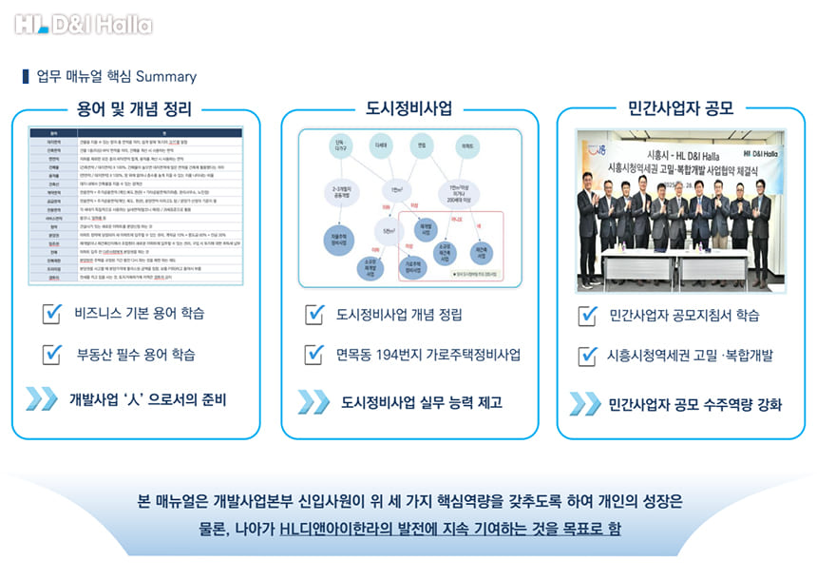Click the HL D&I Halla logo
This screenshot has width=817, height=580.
[84, 24]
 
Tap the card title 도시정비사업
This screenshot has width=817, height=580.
[408, 108]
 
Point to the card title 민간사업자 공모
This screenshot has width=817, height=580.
[680, 108]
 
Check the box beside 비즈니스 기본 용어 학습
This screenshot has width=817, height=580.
[54, 313]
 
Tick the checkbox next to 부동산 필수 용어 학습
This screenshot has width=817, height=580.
[54, 355]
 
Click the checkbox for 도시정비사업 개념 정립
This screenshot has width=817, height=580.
[314, 315]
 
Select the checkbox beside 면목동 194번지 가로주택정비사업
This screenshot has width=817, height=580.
[314, 355]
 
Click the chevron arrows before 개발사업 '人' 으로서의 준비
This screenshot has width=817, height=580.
[41, 398]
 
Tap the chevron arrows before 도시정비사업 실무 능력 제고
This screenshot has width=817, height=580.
[313, 401]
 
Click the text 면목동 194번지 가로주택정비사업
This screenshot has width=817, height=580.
[428, 355]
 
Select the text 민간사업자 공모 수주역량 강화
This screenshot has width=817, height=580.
[695, 404]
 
